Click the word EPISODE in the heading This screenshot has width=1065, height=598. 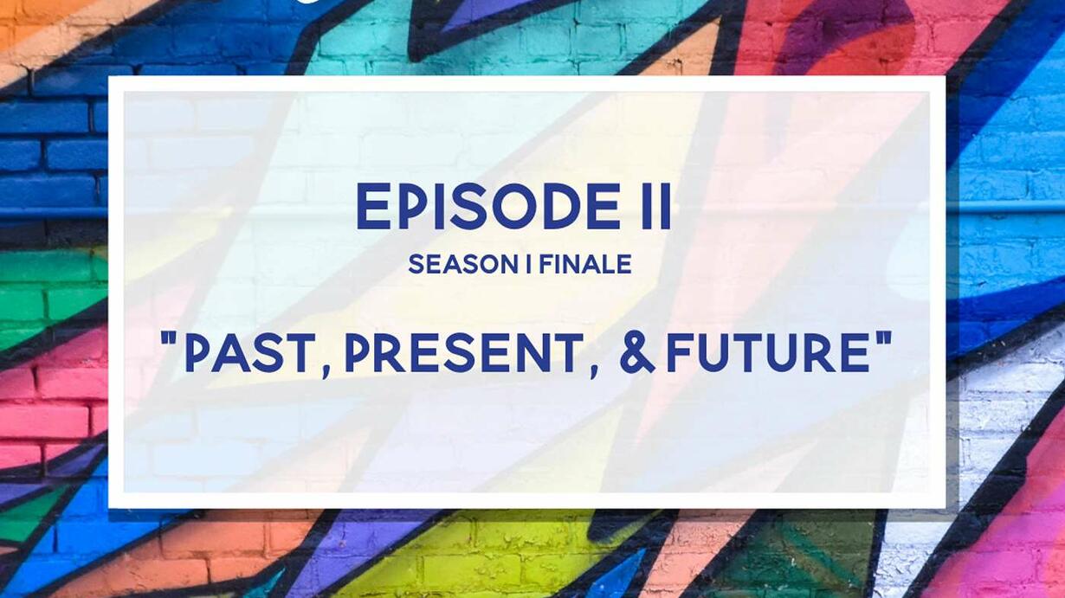(x=488, y=207)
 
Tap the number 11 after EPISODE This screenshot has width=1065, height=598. (x=657, y=207)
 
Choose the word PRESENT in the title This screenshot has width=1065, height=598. (x=464, y=352)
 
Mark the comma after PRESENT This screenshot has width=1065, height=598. (x=593, y=370)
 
